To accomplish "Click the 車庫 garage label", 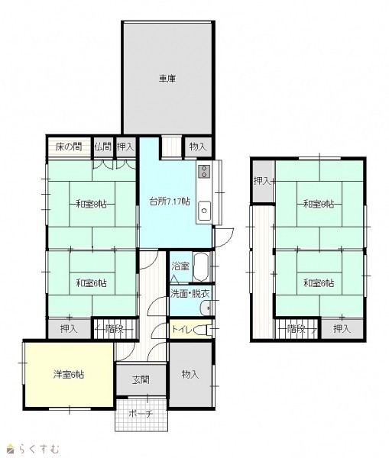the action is point(167,79).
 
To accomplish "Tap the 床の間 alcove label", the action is point(69,147).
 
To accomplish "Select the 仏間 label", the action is point(103,147).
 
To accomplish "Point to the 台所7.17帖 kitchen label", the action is point(170,202).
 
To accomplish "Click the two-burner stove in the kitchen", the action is point(203,172).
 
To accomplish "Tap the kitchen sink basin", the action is point(204,211).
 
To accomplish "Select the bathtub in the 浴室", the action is point(201,266).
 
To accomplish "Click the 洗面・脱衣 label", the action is point(190,294).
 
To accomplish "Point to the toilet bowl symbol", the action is point(204,330).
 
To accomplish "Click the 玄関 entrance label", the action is point(141,379).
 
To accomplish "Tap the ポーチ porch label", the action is point(141,414).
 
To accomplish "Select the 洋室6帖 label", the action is point(69,375).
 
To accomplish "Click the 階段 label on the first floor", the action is point(114,329).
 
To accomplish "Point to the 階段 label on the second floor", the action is point(296,329).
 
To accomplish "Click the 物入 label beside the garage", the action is point(198,147).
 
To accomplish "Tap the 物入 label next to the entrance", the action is point(190,374).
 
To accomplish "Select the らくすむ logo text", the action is point(39,449).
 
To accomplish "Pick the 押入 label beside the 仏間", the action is point(125,147).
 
